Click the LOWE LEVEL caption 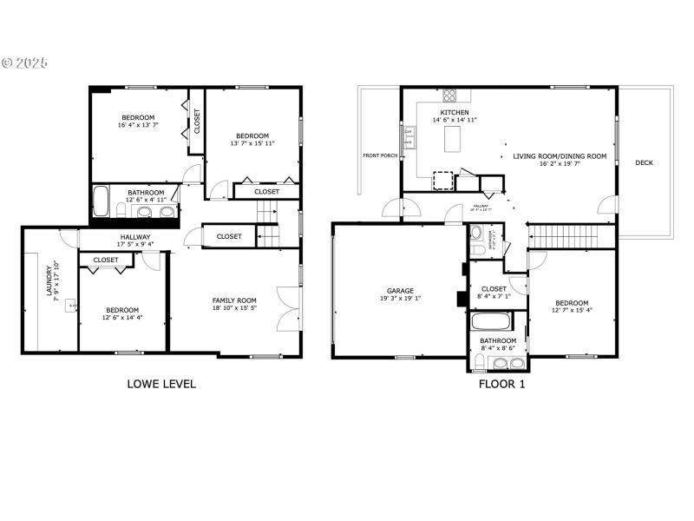(161, 383)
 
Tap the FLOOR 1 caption (501, 383)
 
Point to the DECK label (644, 162)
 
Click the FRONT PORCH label (380, 155)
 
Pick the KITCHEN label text (455, 113)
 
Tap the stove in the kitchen (450, 95)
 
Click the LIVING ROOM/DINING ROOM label (560, 156)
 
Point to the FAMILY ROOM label (235, 301)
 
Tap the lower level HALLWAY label (135, 237)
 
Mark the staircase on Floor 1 (553, 234)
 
